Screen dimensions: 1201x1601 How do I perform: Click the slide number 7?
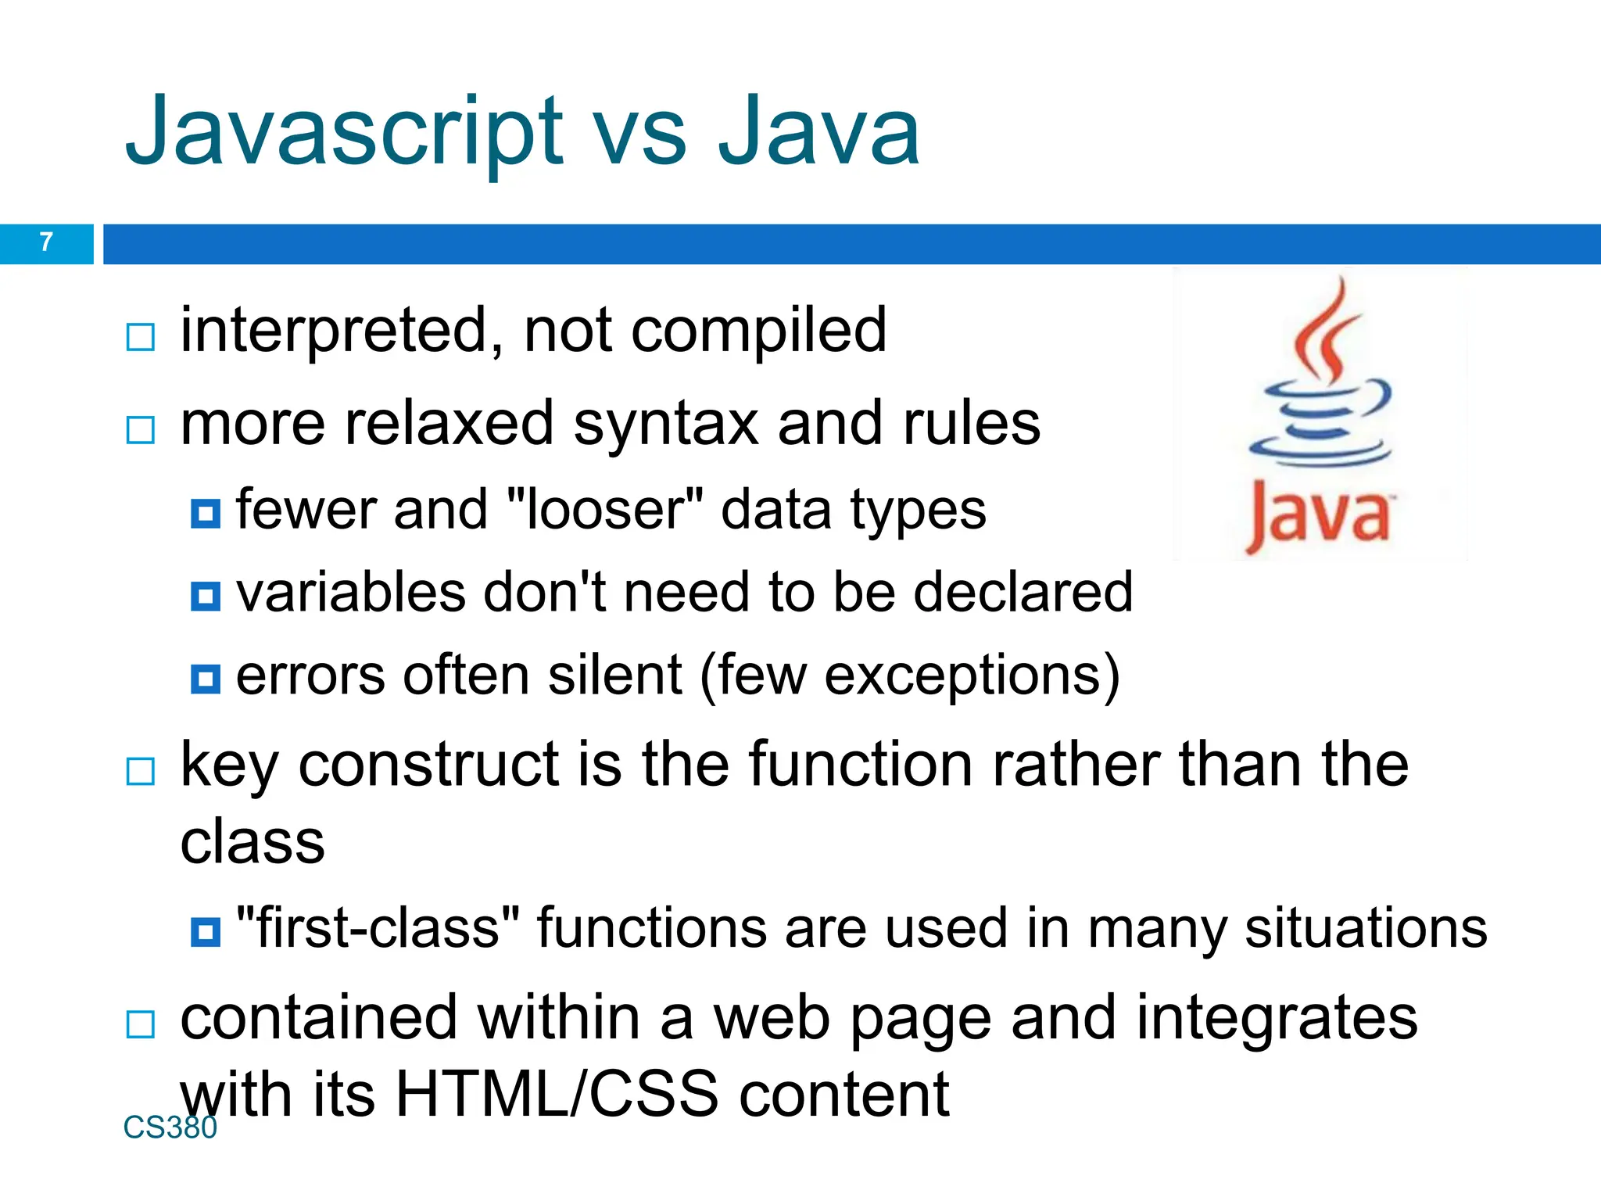[46, 242]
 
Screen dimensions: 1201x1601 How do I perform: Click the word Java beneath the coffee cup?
[1318, 512]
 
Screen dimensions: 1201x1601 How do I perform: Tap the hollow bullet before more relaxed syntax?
[141, 429]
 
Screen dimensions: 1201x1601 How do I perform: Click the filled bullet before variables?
[206, 596]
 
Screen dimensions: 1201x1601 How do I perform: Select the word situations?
[1366, 929]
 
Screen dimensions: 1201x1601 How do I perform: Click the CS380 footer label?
[170, 1128]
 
